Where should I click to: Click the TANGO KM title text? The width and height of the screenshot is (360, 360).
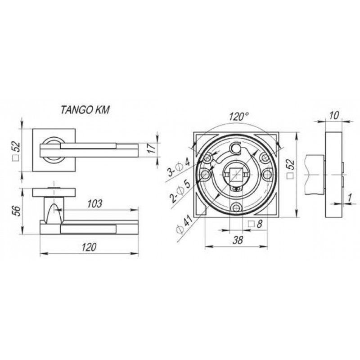[85, 110]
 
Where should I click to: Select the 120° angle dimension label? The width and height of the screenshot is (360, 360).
[238, 117]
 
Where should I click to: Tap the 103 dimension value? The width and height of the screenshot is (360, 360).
[94, 204]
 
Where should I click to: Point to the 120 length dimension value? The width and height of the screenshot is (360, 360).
[89, 247]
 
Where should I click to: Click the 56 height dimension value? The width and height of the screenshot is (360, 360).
[17, 211]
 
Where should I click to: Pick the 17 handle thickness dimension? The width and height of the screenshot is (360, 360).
[151, 148]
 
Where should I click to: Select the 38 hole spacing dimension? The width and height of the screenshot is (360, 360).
[238, 240]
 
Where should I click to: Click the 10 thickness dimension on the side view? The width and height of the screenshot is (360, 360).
[334, 116]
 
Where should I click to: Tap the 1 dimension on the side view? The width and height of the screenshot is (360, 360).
[350, 198]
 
